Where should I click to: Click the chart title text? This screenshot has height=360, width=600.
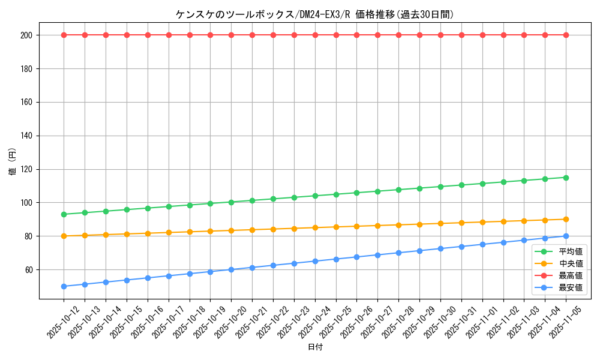(x=314, y=14)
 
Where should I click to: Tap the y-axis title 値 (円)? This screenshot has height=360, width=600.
(x=13, y=162)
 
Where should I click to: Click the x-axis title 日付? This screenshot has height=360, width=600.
(x=315, y=347)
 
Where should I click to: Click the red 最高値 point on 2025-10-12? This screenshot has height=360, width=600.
(x=64, y=35)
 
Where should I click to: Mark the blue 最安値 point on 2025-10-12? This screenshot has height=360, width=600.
(x=64, y=286)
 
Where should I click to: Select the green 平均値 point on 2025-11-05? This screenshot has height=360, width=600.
(x=566, y=178)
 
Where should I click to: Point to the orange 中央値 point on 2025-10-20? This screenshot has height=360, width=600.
(x=231, y=230)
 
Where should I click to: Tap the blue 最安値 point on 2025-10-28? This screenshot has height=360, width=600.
(x=398, y=253)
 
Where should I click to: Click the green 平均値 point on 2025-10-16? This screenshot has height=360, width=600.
(x=148, y=208)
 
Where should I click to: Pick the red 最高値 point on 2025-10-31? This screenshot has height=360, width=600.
(x=461, y=35)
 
